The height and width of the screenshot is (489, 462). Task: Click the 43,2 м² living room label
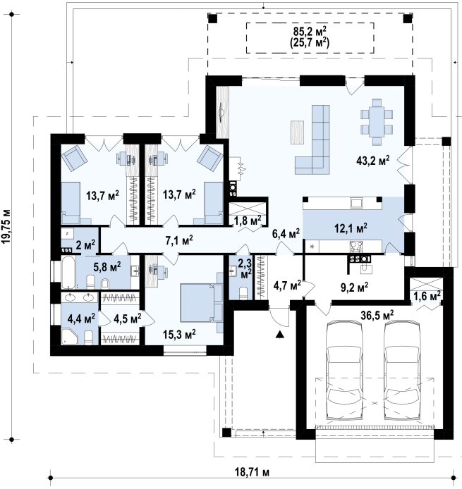372,160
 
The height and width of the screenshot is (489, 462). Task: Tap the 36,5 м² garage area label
377,315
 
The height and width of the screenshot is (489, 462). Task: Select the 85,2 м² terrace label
310,31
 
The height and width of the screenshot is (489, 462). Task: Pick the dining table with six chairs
377,122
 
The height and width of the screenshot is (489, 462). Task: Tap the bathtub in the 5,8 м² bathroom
68,272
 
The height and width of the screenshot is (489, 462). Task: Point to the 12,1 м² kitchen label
351,228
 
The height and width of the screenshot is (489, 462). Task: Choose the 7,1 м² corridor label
179,240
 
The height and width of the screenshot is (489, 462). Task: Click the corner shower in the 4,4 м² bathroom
69,337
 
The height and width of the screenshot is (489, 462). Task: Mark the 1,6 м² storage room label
427,295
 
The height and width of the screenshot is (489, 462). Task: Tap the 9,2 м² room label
354,287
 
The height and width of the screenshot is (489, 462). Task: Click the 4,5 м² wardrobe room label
128,318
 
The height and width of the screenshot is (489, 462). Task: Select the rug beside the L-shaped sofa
297,132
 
